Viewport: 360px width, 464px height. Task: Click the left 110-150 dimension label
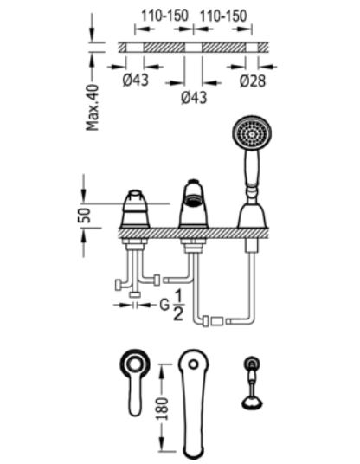[164, 16]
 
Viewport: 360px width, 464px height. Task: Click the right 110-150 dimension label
[223, 16]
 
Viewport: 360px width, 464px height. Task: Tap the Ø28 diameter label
[253, 81]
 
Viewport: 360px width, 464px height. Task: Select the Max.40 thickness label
[93, 107]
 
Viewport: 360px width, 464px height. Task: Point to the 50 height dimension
[84, 216]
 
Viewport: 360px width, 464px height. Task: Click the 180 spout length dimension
[162, 409]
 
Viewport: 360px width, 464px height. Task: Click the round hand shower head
[252, 132]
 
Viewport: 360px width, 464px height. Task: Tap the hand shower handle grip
[252, 167]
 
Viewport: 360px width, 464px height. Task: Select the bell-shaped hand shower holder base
[253, 216]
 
